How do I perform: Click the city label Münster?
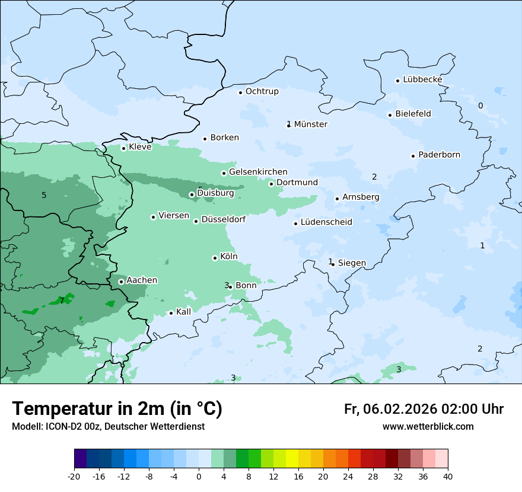(x=310, y=124)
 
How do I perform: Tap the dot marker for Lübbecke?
(x=398, y=81)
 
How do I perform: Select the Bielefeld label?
(x=413, y=114)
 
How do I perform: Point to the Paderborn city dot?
(x=413, y=156)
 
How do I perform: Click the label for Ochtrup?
(x=262, y=92)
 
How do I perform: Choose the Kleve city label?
(x=140, y=147)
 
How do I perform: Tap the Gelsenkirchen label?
(x=258, y=172)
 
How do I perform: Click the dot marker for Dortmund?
(x=272, y=184)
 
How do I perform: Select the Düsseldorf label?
(x=223, y=220)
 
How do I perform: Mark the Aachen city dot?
(x=121, y=282)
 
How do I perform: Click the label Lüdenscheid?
(x=326, y=222)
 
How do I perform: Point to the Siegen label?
(x=352, y=263)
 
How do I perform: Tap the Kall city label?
(x=183, y=312)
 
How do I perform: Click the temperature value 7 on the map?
(x=62, y=301)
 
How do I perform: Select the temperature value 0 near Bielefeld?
(x=480, y=106)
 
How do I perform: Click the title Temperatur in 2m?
(x=117, y=409)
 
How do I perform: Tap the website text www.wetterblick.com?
(x=428, y=427)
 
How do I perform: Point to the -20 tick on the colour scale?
(x=74, y=476)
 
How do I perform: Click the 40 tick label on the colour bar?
(x=448, y=476)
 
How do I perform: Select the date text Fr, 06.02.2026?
(x=390, y=409)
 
